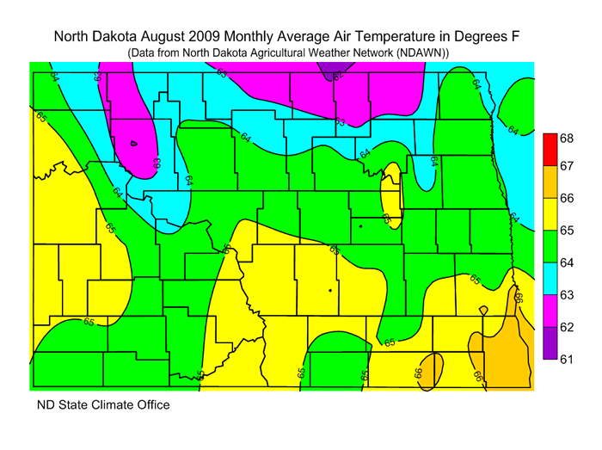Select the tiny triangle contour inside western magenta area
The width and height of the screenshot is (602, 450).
pos(133,145)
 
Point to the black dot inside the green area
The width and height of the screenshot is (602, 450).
pos(360,226)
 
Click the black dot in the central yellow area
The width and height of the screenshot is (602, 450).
pos(330,291)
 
